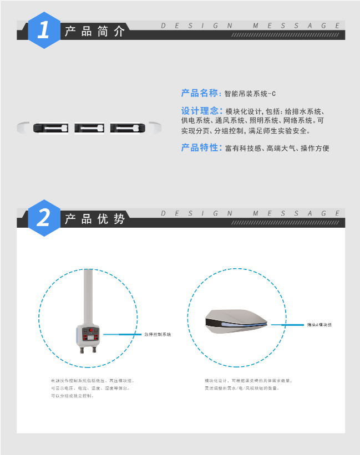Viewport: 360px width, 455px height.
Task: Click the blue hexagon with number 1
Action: tap(43, 30)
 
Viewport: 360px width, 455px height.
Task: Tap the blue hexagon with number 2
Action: tap(43, 218)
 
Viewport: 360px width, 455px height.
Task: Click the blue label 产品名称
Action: tap(200, 93)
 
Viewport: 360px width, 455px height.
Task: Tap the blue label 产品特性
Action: tap(200, 148)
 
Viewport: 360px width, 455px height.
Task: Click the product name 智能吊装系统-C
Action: tap(250, 94)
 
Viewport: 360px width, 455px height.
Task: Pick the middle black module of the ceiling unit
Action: tap(89, 129)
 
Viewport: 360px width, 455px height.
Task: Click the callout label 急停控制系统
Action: tap(158, 335)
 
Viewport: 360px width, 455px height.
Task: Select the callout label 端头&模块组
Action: tap(320, 325)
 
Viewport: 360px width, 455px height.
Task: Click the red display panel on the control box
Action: tap(90, 334)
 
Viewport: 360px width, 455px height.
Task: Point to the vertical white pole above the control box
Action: tap(88, 294)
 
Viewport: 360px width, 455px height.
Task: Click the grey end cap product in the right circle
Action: tap(236, 321)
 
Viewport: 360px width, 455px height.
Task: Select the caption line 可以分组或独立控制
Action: tap(73, 396)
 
